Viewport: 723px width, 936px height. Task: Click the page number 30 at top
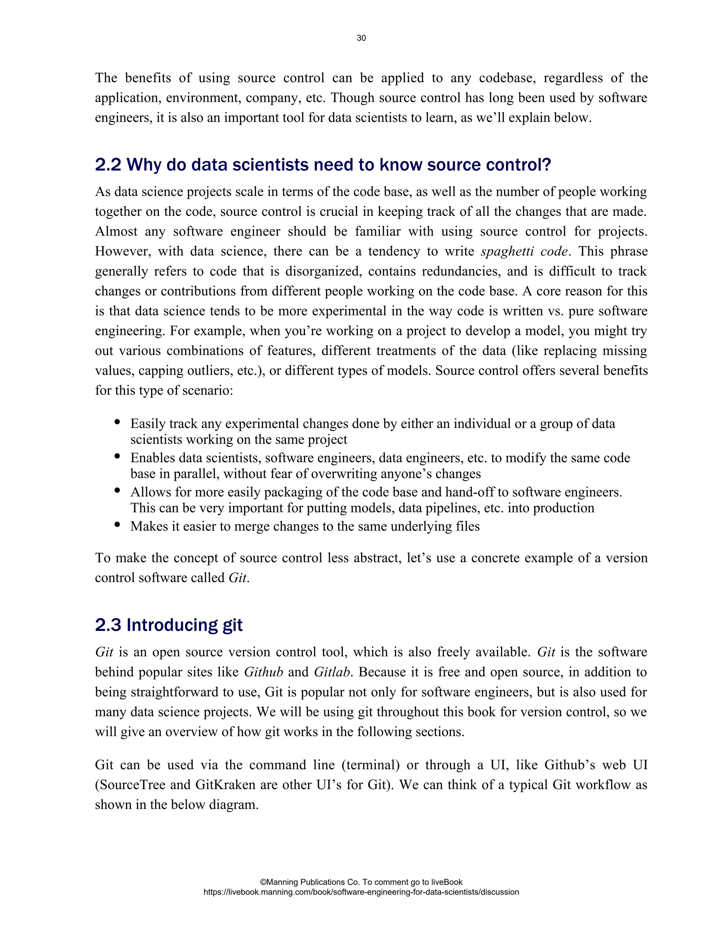click(x=361, y=38)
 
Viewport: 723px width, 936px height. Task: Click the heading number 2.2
click(x=108, y=165)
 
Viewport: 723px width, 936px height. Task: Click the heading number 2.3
click(x=108, y=625)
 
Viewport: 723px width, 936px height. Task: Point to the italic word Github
click(x=263, y=672)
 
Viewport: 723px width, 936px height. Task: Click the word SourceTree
click(x=130, y=785)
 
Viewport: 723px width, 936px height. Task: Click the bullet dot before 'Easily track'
click(x=117, y=422)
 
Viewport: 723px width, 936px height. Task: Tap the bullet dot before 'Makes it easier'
click(x=117, y=525)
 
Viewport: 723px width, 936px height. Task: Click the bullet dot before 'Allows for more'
click(x=117, y=490)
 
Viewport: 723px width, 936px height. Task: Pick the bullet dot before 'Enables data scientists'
click(x=117, y=456)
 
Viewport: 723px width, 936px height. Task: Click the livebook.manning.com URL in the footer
click(x=361, y=892)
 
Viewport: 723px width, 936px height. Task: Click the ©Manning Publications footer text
click(x=361, y=882)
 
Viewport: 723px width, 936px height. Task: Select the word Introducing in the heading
click(x=171, y=625)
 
